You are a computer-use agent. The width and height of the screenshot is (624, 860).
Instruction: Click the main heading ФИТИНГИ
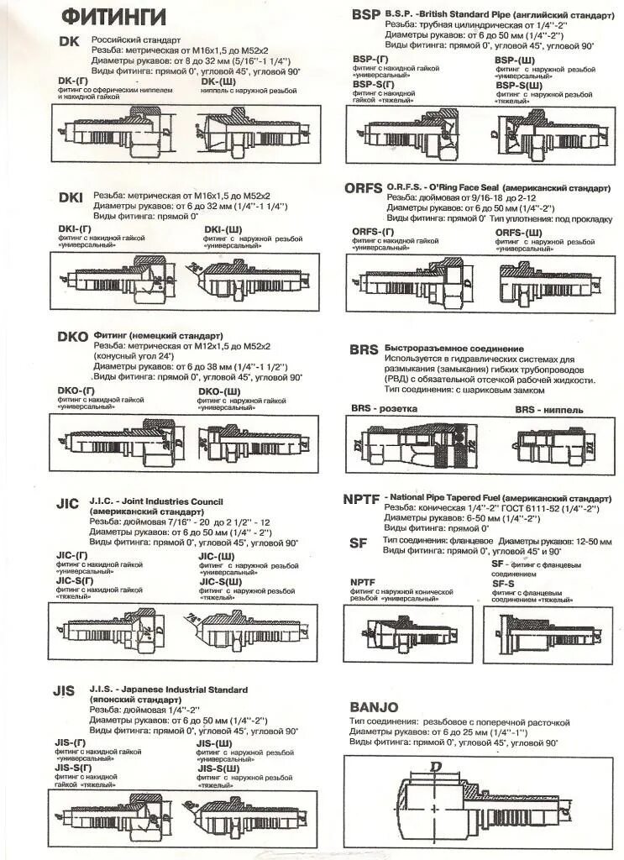tap(114, 16)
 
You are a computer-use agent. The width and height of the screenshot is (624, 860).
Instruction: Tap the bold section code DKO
tap(73, 337)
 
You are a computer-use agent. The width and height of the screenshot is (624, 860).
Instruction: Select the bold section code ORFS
tap(364, 189)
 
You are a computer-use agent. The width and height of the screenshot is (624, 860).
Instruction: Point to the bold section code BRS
tap(364, 350)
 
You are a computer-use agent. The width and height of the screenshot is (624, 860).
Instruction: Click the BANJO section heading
tap(374, 707)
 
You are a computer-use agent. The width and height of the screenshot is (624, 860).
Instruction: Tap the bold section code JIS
tap(65, 690)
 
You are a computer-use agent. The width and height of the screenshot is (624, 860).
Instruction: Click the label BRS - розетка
tap(384, 409)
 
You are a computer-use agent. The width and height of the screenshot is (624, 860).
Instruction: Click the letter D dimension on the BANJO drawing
tap(435, 766)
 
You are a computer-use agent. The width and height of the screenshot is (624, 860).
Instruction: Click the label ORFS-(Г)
tap(374, 231)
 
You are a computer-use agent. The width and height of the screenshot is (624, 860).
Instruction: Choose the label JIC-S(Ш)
tap(221, 581)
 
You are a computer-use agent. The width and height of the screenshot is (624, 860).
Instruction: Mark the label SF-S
tap(503, 583)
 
